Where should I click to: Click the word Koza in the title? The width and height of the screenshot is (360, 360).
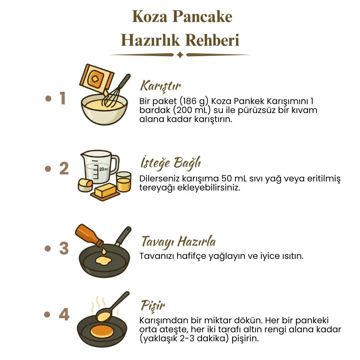(x=150, y=17)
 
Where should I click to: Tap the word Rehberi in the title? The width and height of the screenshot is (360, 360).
(x=212, y=40)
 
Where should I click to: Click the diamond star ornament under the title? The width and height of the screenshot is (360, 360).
(x=180, y=55)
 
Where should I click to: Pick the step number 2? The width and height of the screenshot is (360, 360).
(x=64, y=168)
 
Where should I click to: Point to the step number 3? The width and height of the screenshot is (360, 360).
(x=64, y=248)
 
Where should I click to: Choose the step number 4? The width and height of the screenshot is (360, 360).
(x=64, y=314)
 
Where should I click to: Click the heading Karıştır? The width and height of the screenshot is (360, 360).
(x=160, y=86)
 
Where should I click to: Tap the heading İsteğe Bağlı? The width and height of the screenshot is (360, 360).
(x=171, y=163)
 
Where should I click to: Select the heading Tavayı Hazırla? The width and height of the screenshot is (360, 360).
(x=179, y=242)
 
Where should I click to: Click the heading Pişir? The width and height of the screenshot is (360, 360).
(x=153, y=306)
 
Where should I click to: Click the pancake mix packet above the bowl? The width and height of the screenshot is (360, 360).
(x=96, y=77)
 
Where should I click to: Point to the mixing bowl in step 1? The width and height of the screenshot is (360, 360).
(x=104, y=110)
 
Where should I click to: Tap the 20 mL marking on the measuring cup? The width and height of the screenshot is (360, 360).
(x=104, y=169)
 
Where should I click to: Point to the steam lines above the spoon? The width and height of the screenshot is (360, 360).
(x=98, y=304)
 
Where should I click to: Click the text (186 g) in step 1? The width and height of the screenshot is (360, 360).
(x=194, y=101)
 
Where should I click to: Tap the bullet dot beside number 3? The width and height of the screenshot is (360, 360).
(x=48, y=248)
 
